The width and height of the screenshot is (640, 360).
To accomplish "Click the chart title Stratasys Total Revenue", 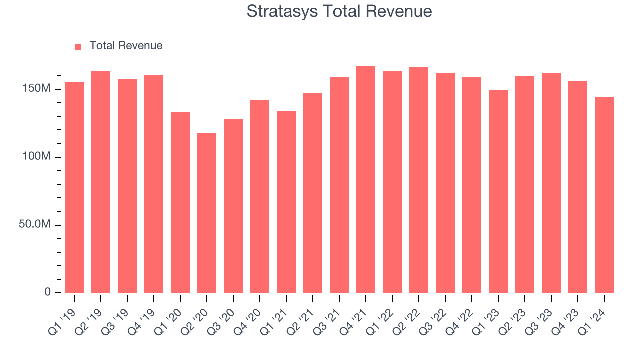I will (x=339, y=11).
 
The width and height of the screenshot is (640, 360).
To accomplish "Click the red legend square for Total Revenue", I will (x=78, y=46).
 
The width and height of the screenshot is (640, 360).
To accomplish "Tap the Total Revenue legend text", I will (x=126, y=46).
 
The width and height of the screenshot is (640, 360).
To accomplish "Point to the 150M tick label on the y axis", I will (x=37, y=89).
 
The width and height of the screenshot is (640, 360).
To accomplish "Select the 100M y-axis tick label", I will (x=37, y=157).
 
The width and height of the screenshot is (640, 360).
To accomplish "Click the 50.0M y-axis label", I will (x=35, y=224).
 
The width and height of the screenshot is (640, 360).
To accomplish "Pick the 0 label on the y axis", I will (x=48, y=292).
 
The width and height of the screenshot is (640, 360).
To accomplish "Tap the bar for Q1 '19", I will (x=74, y=187).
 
